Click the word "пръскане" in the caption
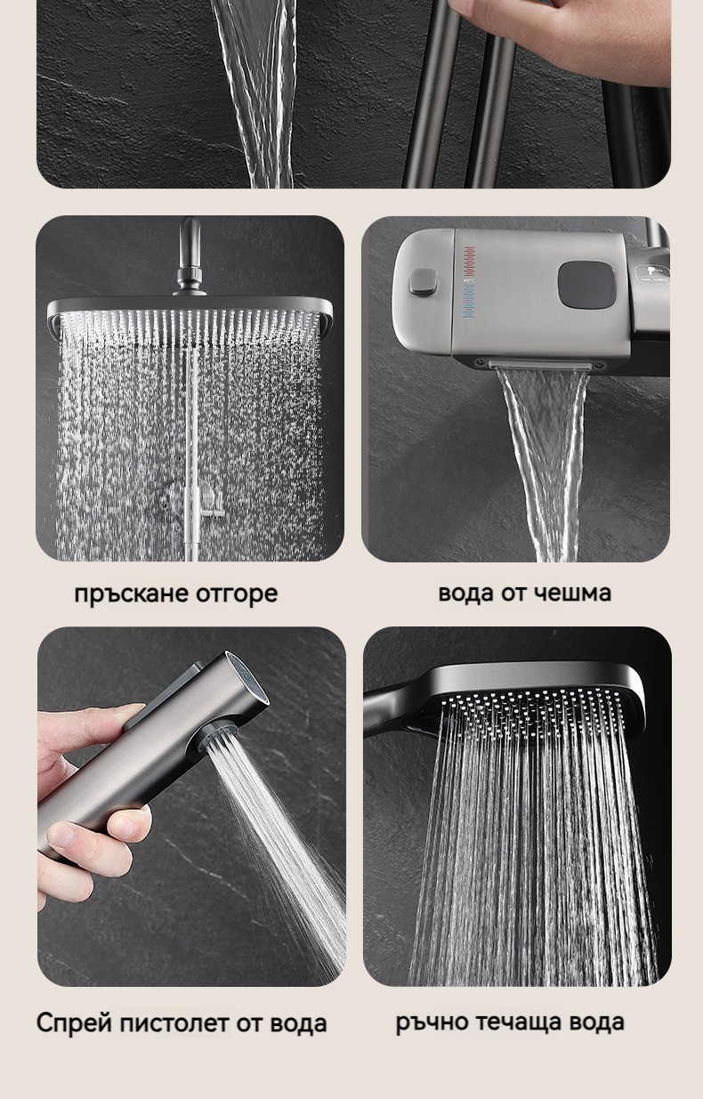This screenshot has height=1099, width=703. coord(131,594)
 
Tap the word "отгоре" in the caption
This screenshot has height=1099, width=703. coord(237,594)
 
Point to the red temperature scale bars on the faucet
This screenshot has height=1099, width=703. coord(470,263)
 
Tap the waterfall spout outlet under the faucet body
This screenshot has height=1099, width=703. coord(542,365)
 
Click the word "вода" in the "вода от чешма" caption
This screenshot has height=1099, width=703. coord(465,594)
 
